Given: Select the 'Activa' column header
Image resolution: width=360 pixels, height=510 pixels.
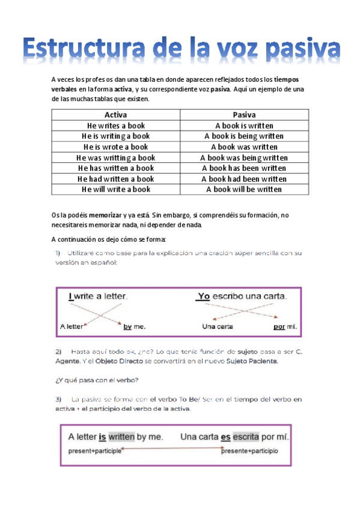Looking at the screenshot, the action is [116, 115].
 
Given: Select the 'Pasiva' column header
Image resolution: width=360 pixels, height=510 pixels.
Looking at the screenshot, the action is [244, 115].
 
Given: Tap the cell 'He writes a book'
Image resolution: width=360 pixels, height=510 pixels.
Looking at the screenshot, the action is [116, 126].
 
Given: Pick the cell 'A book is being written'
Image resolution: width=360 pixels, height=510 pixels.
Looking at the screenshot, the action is [244, 137].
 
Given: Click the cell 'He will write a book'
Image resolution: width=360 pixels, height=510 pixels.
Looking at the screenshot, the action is [116, 189].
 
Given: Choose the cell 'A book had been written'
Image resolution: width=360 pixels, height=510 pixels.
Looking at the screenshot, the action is [244, 179].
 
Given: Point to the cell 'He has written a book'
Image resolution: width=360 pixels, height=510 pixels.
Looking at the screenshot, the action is [116, 168].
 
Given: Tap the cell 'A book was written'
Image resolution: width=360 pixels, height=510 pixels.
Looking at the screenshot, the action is [244, 147].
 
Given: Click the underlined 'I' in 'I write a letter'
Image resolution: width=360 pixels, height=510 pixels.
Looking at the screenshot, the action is [71, 296].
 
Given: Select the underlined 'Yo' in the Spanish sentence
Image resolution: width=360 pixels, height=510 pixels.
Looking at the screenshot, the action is [203, 296].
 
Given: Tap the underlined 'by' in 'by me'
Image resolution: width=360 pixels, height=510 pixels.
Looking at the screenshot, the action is [127, 327].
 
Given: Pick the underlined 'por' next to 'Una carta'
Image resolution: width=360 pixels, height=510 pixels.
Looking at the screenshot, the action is [278, 327].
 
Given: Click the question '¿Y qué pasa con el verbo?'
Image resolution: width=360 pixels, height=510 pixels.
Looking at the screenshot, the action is [97, 379].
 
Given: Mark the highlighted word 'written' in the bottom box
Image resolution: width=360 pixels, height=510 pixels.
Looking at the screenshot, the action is [121, 437].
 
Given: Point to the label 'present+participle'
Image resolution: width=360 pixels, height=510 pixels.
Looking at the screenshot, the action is [94, 450].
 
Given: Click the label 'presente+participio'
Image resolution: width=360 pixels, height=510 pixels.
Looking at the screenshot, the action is [249, 450].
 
